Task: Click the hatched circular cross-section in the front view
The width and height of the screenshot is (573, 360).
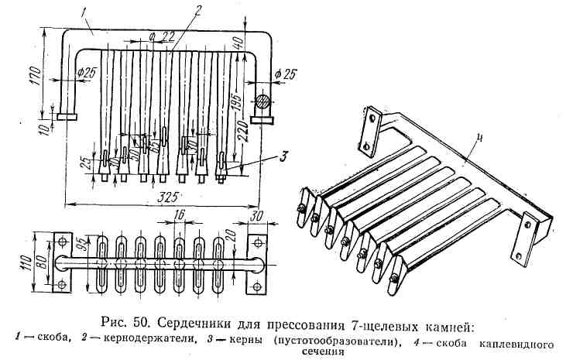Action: pyautogui.click(x=263, y=102)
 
